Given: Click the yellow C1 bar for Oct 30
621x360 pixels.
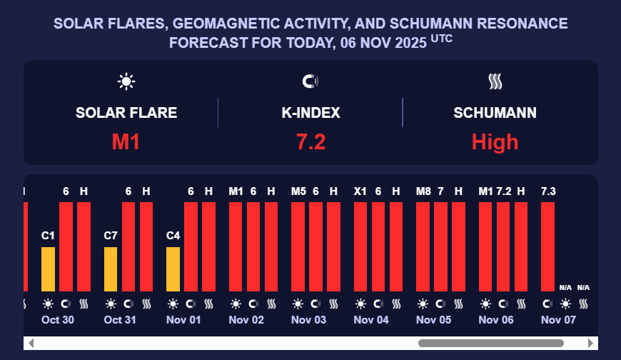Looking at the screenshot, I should coord(48,269).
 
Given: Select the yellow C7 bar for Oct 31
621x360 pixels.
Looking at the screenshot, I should coord(111,269).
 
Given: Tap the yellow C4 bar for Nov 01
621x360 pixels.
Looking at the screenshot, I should coord(173,269).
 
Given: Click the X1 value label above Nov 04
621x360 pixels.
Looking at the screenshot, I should coord(360,191).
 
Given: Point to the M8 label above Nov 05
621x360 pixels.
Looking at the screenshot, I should coord(423,191).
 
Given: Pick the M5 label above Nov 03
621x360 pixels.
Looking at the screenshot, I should coord(298,191).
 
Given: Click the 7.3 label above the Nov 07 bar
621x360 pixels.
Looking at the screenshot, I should coord(548,191).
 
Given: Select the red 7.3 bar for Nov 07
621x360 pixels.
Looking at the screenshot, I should coord(548,246).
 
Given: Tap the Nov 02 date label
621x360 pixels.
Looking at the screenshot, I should coord(246,320).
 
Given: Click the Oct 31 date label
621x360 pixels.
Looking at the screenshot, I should coord(120,320).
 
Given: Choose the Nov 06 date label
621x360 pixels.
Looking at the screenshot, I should coord(496,320).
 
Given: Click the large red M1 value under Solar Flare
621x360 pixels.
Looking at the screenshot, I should coord(126,142).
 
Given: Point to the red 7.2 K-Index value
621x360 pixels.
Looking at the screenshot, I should coord(310,142).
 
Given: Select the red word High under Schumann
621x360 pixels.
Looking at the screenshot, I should coord(495,142).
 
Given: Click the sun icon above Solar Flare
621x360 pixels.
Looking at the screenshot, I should coord(126,81).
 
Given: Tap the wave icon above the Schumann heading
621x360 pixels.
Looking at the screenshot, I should coord(495,81).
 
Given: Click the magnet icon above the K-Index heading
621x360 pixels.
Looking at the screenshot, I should coord(310,81).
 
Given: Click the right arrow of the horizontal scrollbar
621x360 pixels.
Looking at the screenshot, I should coord(590,344).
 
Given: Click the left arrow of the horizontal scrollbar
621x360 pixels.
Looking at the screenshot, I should coord(31,344).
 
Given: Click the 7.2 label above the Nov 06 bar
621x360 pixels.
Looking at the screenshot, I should coord(504,191).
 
